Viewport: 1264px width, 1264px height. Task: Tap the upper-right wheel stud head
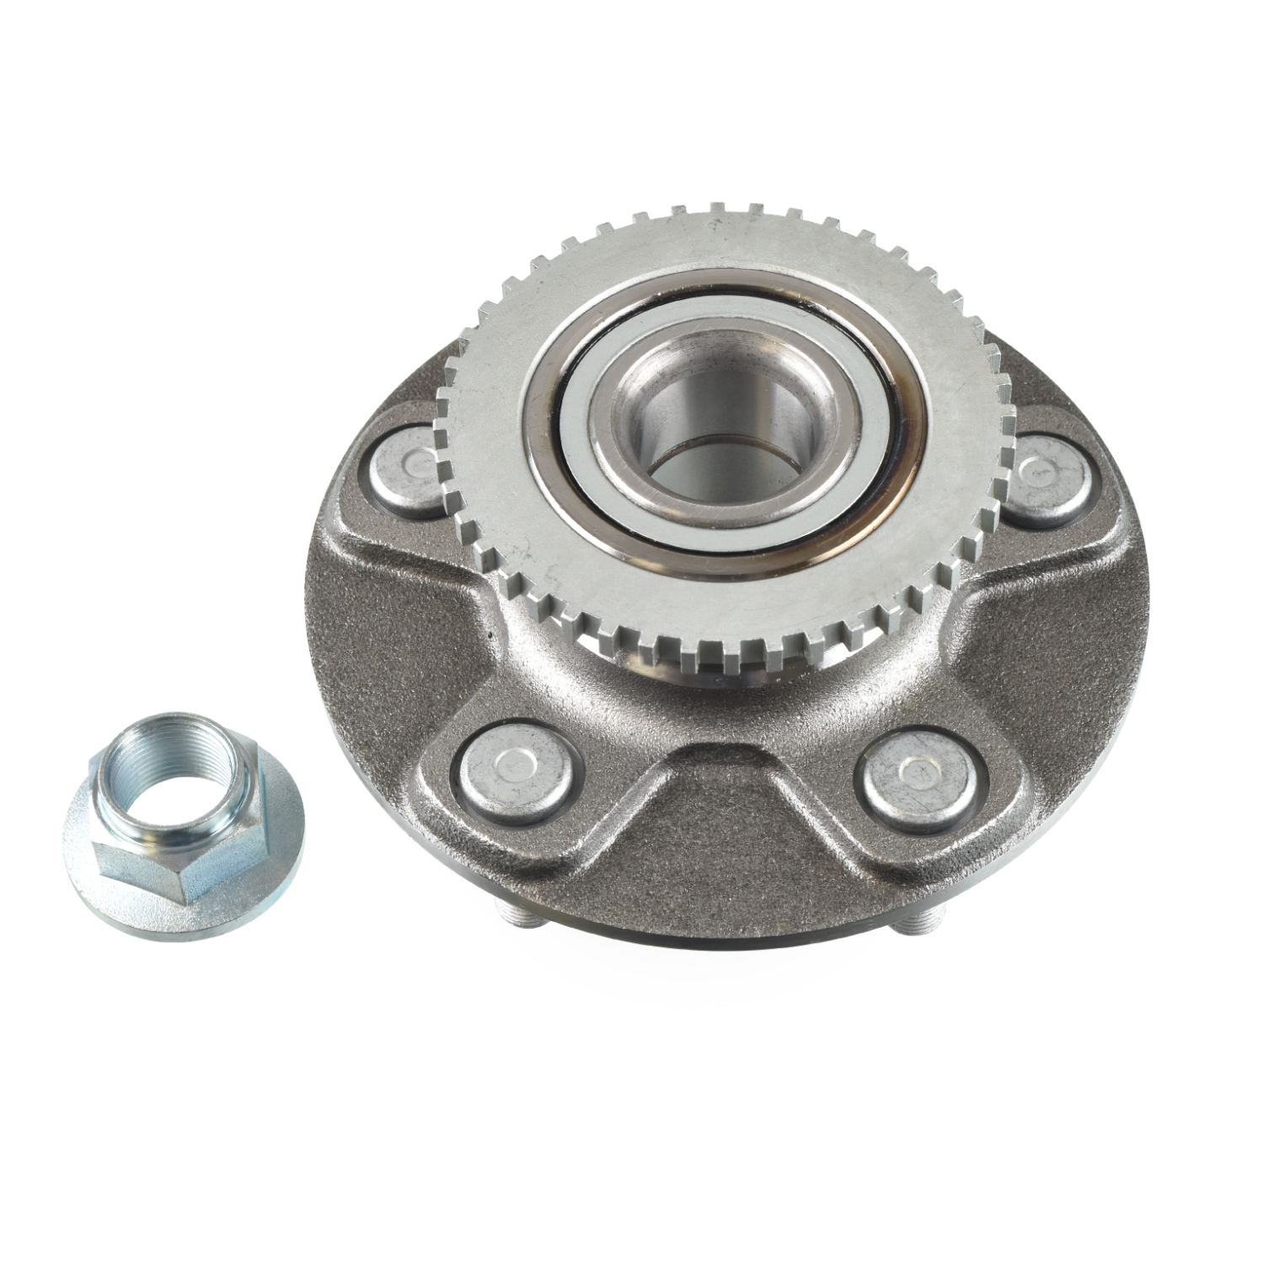[x=1047, y=477]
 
